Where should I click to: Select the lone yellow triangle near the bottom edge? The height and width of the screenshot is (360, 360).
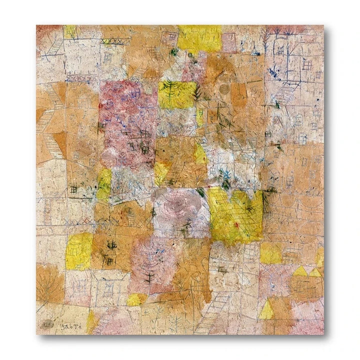[266, 309]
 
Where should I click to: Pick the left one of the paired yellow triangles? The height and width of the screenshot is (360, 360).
[300, 271]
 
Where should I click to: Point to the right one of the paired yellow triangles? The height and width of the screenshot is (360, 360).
[315, 272]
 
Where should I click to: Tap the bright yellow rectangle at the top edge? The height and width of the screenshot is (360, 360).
[199, 38]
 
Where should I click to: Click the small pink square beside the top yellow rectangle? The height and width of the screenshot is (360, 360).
[228, 42]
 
